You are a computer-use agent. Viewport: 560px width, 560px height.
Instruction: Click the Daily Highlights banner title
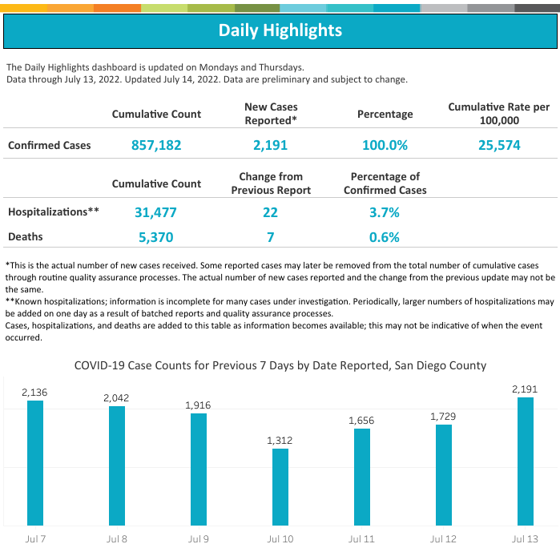click(280, 30)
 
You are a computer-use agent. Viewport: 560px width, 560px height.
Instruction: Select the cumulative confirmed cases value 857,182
click(156, 145)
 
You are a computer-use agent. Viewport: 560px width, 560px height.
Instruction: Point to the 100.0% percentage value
click(385, 145)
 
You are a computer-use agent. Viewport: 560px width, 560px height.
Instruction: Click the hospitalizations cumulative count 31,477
click(156, 212)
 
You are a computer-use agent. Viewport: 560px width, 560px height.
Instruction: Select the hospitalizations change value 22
click(270, 212)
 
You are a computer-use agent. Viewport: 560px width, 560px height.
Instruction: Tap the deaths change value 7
click(270, 237)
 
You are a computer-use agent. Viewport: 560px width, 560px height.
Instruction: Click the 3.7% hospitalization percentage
click(385, 212)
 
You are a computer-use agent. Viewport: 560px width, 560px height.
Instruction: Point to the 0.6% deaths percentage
click(385, 237)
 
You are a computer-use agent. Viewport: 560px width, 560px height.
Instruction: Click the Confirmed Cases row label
click(50, 145)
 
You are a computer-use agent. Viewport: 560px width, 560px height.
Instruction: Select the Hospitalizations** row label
click(54, 212)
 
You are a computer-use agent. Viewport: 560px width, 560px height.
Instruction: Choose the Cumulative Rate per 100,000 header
click(498, 114)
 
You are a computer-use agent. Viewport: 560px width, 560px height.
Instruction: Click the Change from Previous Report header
click(271, 183)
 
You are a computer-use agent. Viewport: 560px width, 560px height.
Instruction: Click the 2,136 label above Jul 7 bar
click(35, 392)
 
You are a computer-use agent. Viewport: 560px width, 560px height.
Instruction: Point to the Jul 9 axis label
click(198, 539)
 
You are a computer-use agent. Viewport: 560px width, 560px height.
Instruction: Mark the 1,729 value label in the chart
click(443, 417)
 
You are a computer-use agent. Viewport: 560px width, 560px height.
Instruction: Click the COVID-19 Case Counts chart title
click(280, 365)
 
